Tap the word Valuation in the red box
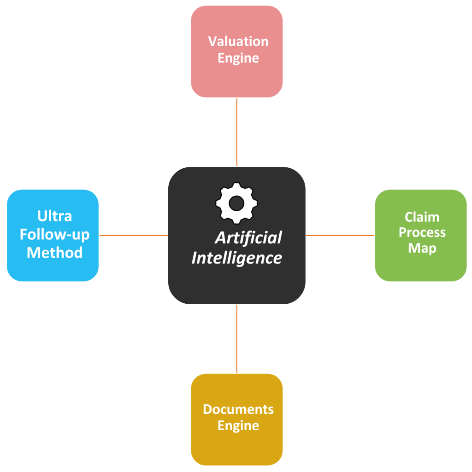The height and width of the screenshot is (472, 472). tap(238, 41)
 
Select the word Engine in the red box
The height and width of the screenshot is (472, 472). tap(238, 59)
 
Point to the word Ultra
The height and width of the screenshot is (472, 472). tap(54, 216)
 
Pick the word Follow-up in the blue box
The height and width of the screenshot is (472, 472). tap(54, 235)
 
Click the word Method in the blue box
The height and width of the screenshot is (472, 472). tap(54, 253)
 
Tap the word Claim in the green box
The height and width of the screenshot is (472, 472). tap(422, 217)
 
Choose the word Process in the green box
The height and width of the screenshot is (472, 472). tap(422, 232)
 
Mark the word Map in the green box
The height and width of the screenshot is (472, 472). tap(422, 248)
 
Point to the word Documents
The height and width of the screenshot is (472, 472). tap(238, 409)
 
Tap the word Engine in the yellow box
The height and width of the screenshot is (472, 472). tap(238, 425)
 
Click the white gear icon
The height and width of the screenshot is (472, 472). tap(236, 203)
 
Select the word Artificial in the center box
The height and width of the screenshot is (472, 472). tap(248, 238)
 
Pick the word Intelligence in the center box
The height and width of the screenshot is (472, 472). tap(236, 258)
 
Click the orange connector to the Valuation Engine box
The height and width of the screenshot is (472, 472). tap(236, 132)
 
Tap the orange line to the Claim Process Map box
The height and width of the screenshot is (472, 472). tap(340, 235)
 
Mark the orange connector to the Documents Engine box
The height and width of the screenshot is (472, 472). tap(236, 339)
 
